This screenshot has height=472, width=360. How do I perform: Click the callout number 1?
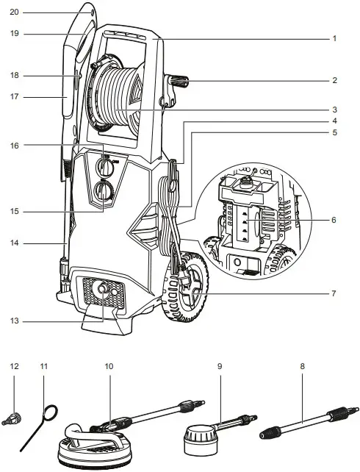click(x=334, y=38)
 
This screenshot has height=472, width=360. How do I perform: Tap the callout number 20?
click(x=14, y=12)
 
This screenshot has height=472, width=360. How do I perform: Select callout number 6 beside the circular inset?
click(x=334, y=220)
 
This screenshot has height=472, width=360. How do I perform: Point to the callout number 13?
click(x=14, y=321)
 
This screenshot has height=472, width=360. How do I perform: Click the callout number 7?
click(x=334, y=293)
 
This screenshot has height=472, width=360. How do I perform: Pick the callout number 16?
click(x=14, y=146)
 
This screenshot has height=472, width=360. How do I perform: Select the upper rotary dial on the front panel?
click(x=104, y=165)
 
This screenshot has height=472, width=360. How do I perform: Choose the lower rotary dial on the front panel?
click(x=104, y=195)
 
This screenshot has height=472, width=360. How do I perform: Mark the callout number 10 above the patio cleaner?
click(x=109, y=365)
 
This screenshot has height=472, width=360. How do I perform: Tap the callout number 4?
click(x=334, y=120)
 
